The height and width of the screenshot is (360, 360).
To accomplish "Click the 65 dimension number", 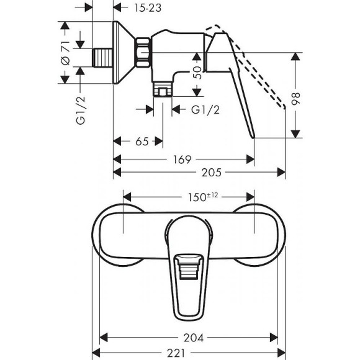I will coord(142,142).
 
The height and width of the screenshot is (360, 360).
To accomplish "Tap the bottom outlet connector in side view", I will coord(163,92).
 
